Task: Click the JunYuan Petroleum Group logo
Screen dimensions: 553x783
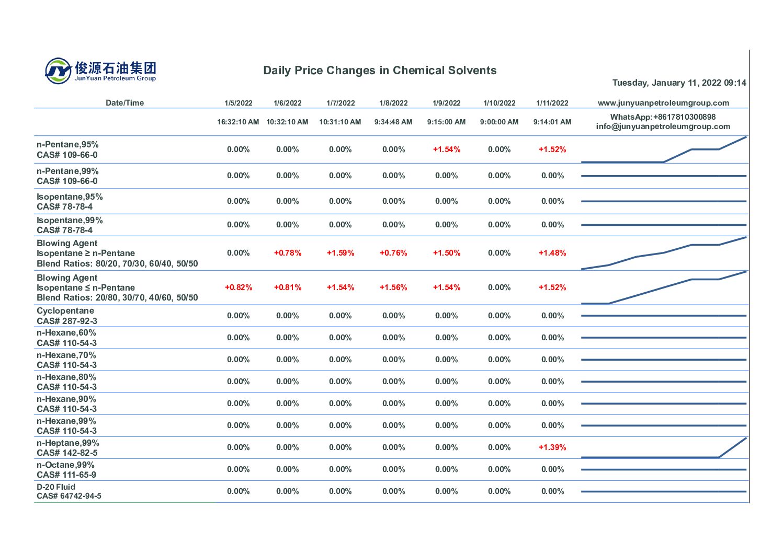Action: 100,71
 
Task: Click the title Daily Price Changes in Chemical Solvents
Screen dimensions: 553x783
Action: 380,71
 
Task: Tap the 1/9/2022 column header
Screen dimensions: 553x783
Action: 446,103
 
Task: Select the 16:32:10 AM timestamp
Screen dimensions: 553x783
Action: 238,122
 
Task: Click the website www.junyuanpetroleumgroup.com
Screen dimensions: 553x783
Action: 663,103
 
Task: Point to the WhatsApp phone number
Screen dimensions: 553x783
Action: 663,117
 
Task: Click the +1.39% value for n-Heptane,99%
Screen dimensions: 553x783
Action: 552,447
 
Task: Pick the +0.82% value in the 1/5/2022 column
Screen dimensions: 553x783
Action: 238,287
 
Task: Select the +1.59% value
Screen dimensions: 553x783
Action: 341,253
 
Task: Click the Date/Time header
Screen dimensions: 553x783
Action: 124,103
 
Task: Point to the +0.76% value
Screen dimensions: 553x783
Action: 393,253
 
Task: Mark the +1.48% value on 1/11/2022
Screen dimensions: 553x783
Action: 552,253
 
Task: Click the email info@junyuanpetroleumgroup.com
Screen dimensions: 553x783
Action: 663,126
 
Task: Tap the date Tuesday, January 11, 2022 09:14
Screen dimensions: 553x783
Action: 679,83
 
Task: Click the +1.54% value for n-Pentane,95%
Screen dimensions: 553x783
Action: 446,149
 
